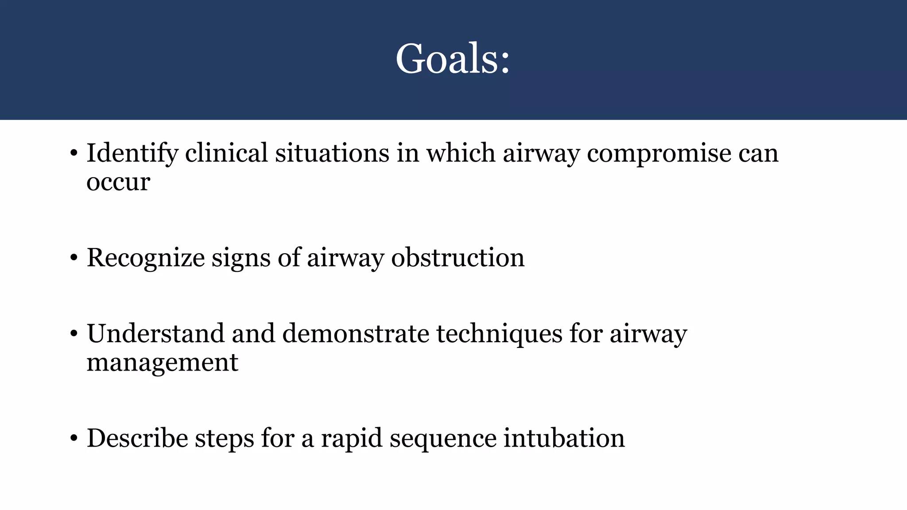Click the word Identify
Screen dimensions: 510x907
(x=132, y=154)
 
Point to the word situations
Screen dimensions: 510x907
(x=332, y=154)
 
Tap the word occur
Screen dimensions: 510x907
(x=118, y=182)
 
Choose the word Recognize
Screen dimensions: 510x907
(x=145, y=258)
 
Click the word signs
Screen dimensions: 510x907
(x=240, y=258)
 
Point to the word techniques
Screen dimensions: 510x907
(x=499, y=334)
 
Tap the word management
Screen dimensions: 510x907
(x=162, y=363)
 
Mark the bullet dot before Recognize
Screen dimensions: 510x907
(x=74, y=259)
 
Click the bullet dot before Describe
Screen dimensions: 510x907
(x=74, y=439)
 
